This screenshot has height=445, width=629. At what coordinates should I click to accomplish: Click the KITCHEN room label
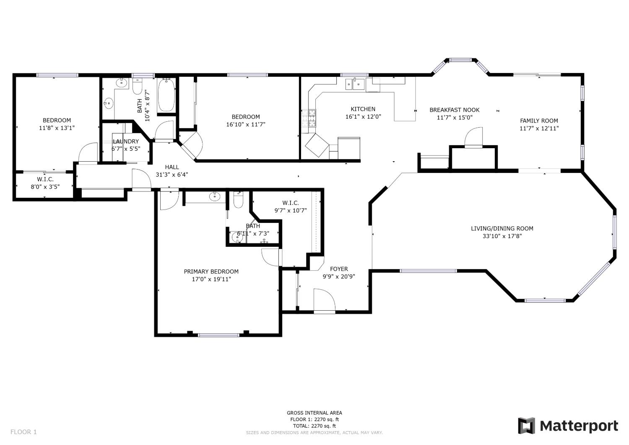click(363, 109)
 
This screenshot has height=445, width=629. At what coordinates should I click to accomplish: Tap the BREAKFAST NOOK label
click(454, 110)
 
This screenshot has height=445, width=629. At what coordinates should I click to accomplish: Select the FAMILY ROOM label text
click(539, 121)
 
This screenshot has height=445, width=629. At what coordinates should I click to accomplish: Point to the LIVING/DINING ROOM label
click(502, 228)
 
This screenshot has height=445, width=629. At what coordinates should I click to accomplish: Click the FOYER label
click(339, 269)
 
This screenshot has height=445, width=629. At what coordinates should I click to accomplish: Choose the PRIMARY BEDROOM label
click(211, 272)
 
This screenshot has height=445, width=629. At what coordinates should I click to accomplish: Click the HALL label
click(172, 167)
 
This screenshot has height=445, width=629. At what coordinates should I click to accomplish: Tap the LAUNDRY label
click(125, 141)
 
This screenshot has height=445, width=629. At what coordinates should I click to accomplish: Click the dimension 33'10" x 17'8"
click(502, 236)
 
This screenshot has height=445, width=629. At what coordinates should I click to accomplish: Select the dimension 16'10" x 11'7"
click(246, 124)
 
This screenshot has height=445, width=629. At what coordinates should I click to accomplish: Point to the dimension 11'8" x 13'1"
click(57, 128)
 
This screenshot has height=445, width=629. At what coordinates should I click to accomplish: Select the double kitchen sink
click(355, 84)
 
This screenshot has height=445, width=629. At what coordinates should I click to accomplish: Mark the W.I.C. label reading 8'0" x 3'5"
click(45, 183)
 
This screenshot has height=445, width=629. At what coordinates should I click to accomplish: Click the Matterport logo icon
click(526, 426)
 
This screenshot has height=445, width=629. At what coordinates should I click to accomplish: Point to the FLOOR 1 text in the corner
click(23, 432)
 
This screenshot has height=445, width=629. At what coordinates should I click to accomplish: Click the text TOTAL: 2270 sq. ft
click(314, 426)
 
